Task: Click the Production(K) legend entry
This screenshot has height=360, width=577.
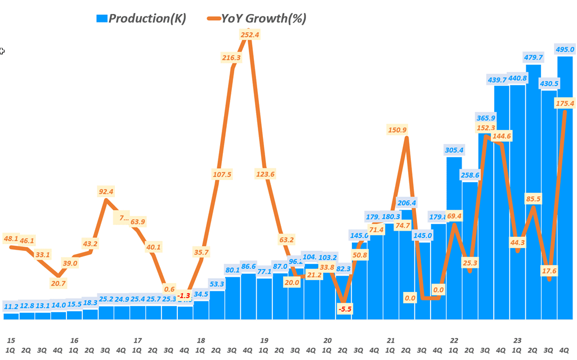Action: click(x=141, y=18)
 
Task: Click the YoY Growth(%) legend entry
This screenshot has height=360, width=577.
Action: click(x=256, y=18)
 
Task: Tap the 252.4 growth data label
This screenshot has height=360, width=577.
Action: click(x=249, y=35)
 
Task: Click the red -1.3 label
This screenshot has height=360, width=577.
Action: click(x=185, y=295)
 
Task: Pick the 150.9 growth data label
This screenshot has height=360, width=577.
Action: click(x=397, y=130)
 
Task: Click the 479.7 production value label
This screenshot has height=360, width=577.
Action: click(x=533, y=57)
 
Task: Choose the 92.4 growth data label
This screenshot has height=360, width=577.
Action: click(x=106, y=192)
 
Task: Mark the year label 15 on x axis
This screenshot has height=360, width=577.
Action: click(x=11, y=340)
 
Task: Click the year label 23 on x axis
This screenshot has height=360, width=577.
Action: click(x=518, y=340)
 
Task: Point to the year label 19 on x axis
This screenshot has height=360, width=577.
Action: click(x=264, y=340)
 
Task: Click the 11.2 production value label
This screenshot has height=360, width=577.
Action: click(x=11, y=306)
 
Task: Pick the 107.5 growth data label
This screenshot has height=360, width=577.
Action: click(x=222, y=174)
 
